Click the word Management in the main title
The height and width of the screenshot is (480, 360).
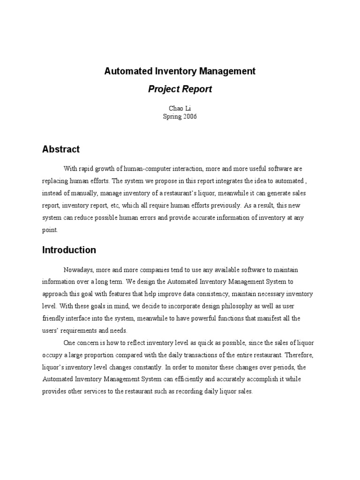pos(225,71)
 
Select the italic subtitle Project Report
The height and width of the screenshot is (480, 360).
pos(180,89)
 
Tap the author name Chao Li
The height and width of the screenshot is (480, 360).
pos(180,108)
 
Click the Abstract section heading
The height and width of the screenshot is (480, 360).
pos(61,149)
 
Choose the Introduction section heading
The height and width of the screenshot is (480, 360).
pos(69,250)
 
